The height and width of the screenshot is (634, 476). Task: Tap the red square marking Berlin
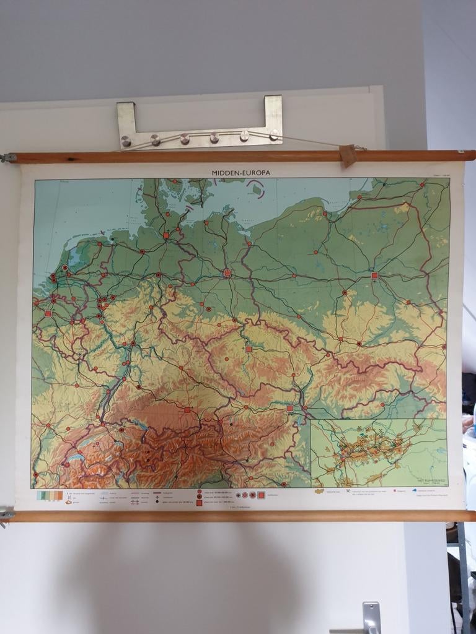click(x=227, y=272)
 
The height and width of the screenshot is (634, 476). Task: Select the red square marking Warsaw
click(x=374, y=275)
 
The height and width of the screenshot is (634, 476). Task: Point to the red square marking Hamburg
click(x=166, y=235)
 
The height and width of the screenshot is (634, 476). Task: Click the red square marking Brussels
click(x=48, y=314)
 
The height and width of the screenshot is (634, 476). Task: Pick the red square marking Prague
click(x=249, y=349)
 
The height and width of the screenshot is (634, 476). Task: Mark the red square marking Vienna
click(x=289, y=408)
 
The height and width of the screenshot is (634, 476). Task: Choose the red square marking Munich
click(x=187, y=409)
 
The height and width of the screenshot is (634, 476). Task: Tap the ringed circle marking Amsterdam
click(x=64, y=267)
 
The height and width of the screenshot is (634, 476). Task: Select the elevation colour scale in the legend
click(x=50, y=495)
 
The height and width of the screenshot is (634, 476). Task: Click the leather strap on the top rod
click(x=348, y=155)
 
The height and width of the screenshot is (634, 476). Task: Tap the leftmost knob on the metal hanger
click(x=126, y=142)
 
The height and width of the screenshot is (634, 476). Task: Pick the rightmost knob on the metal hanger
click(x=273, y=134)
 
